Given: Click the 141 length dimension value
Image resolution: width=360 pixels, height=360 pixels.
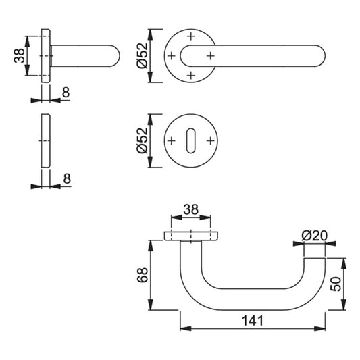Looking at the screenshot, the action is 253,321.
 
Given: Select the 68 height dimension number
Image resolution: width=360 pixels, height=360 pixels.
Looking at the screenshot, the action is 143,275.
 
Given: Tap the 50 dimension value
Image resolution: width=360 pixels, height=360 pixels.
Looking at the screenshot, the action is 336,284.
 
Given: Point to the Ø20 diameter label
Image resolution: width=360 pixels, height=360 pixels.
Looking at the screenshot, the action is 314,236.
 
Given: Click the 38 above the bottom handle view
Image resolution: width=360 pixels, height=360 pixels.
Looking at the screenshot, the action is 190,209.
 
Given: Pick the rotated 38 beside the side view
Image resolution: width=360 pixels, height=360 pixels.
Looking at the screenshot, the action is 19,55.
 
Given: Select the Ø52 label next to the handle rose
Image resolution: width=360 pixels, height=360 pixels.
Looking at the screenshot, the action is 142,55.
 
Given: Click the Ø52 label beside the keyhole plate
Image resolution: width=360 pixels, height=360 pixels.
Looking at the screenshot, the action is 142,140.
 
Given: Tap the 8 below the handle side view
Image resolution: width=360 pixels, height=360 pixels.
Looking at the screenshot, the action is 66,93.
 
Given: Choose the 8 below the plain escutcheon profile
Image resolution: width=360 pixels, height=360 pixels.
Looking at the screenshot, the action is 67,178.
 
